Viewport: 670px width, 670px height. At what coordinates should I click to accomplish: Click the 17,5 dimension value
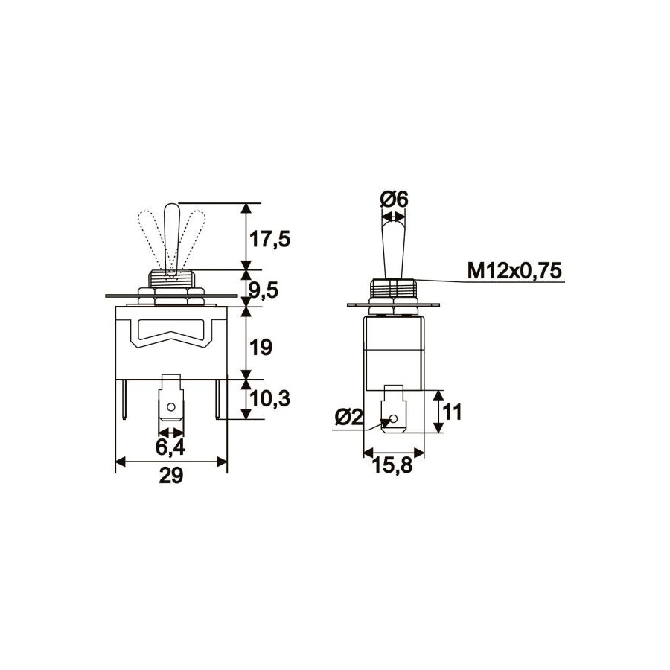coord(269,239)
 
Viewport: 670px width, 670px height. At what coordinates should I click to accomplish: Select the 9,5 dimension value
coord(264,290)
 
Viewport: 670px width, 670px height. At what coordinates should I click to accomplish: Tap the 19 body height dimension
coord(261,348)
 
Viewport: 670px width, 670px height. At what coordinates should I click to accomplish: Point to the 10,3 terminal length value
coord(269,399)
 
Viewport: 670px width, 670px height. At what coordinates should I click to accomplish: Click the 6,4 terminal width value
coord(170,447)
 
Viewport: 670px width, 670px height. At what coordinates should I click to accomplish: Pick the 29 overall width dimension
coord(171,476)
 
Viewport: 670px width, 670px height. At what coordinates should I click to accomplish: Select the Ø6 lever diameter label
coord(394,199)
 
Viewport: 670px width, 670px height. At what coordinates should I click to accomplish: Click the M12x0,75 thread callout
coord(515,270)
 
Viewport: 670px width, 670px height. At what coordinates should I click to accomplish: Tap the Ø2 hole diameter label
coord(349,417)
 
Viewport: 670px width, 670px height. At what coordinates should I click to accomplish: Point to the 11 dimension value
coord(453,412)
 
